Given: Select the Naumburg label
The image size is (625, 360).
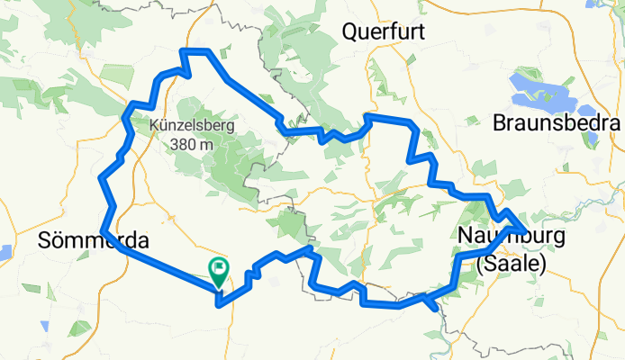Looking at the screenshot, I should click(511, 237).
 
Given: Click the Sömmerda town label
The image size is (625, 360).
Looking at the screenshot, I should click(94, 241).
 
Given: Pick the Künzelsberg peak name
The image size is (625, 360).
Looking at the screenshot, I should click(193, 126).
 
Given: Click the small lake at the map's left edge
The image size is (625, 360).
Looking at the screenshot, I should click(4, 252).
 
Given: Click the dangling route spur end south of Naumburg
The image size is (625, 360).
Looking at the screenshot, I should click(438, 309).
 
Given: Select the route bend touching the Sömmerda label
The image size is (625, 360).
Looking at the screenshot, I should click(105, 232).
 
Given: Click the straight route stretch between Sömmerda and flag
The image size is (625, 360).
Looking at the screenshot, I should click(162, 263).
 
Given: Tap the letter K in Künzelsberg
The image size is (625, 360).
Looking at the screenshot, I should click(156, 126).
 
